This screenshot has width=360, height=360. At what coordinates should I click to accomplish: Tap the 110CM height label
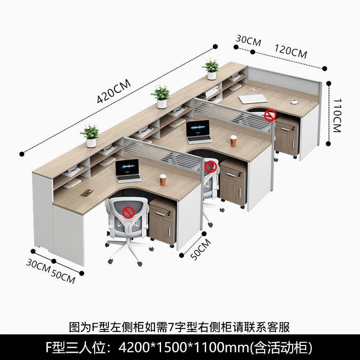click(x=338, y=114)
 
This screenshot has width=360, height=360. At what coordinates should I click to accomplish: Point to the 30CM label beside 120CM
click(x=248, y=41)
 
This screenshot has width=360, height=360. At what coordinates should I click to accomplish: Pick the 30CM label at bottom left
click(x=38, y=264)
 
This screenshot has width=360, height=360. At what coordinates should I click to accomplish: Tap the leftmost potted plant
click(x=90, y=135)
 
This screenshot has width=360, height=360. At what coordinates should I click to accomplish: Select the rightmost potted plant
click(x=211, y=69)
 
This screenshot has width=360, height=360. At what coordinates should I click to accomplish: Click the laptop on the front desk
click(x=127, y=171)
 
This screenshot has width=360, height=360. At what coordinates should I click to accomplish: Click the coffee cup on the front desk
click(x=163, y=180)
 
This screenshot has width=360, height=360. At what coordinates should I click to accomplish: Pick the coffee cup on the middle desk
click(x=234, y=140)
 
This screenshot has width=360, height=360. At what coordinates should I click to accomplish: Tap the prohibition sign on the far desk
click(x=270, y=115)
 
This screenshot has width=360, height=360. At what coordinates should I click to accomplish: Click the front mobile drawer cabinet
click(x=162, y=221)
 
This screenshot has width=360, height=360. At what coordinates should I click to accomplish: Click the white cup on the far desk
click(x=295, y=101)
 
